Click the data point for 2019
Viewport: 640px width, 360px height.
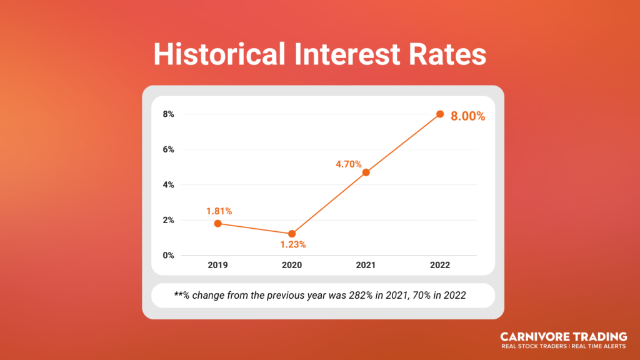click(218, 224)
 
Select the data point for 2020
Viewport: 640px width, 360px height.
click(292, 234)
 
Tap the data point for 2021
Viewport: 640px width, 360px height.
click(366, 172)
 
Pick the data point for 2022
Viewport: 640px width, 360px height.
click(440, 114)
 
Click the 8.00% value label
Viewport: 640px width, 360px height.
click(468, 116)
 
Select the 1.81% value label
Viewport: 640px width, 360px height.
click(219, 211)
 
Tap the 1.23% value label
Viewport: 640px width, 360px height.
click(293, 244)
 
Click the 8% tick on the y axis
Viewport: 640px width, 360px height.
click(169, 114)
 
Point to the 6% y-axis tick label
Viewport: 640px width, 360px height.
click(169, 149)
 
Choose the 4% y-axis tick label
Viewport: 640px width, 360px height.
click(169, 185)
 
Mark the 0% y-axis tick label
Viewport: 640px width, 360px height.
click(169, 255)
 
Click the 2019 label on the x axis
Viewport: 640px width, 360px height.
click(218, 265)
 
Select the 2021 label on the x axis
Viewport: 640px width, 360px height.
click(366, 265)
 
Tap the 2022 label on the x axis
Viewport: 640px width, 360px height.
click(440, 265)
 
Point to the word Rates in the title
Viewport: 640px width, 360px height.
click(447, 54)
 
